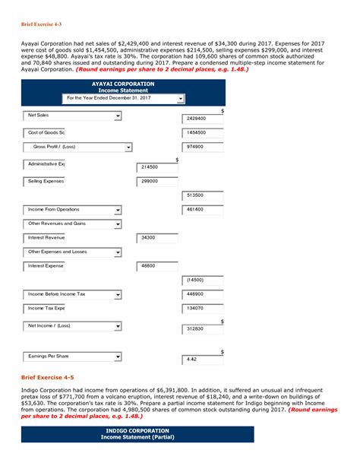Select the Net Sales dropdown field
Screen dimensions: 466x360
point(72,116)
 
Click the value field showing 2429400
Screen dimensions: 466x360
point(203,119)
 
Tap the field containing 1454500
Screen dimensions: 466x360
point(203,133)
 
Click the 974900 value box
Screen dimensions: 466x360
point(203,147)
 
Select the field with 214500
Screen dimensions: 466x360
point(157,167)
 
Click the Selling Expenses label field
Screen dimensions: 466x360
point(46,182)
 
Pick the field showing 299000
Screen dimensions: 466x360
point(157,182)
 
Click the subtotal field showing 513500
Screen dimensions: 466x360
point(203,195)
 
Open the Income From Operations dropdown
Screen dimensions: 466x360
point(72,210)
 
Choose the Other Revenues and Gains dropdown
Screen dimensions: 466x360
point(72,224)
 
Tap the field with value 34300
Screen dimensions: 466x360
point(157,238)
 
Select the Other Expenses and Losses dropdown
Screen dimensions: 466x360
point(72,252)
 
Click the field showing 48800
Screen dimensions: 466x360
point(157,266)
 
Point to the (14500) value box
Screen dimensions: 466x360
point(203,280)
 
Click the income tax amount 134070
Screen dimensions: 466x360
point(203,308)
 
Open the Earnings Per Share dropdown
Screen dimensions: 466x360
point(72,356)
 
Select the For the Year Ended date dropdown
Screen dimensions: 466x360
point(124,98)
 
